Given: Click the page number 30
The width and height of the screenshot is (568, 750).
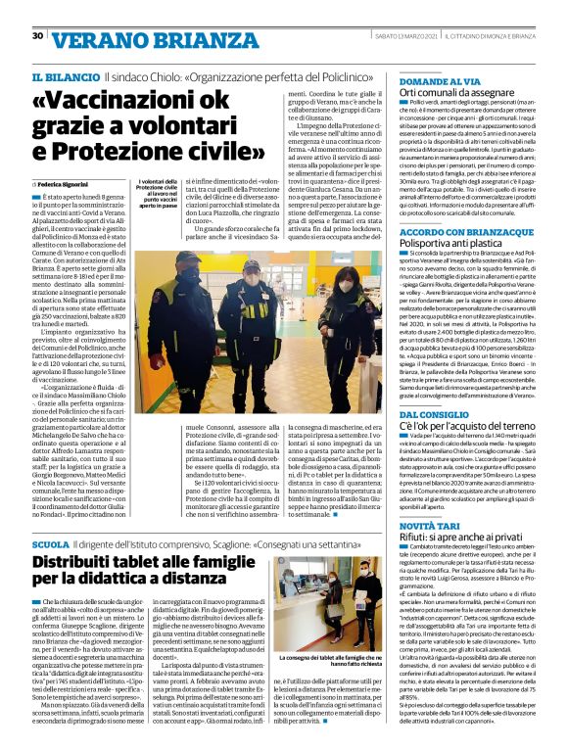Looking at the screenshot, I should [x=37, y=36].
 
